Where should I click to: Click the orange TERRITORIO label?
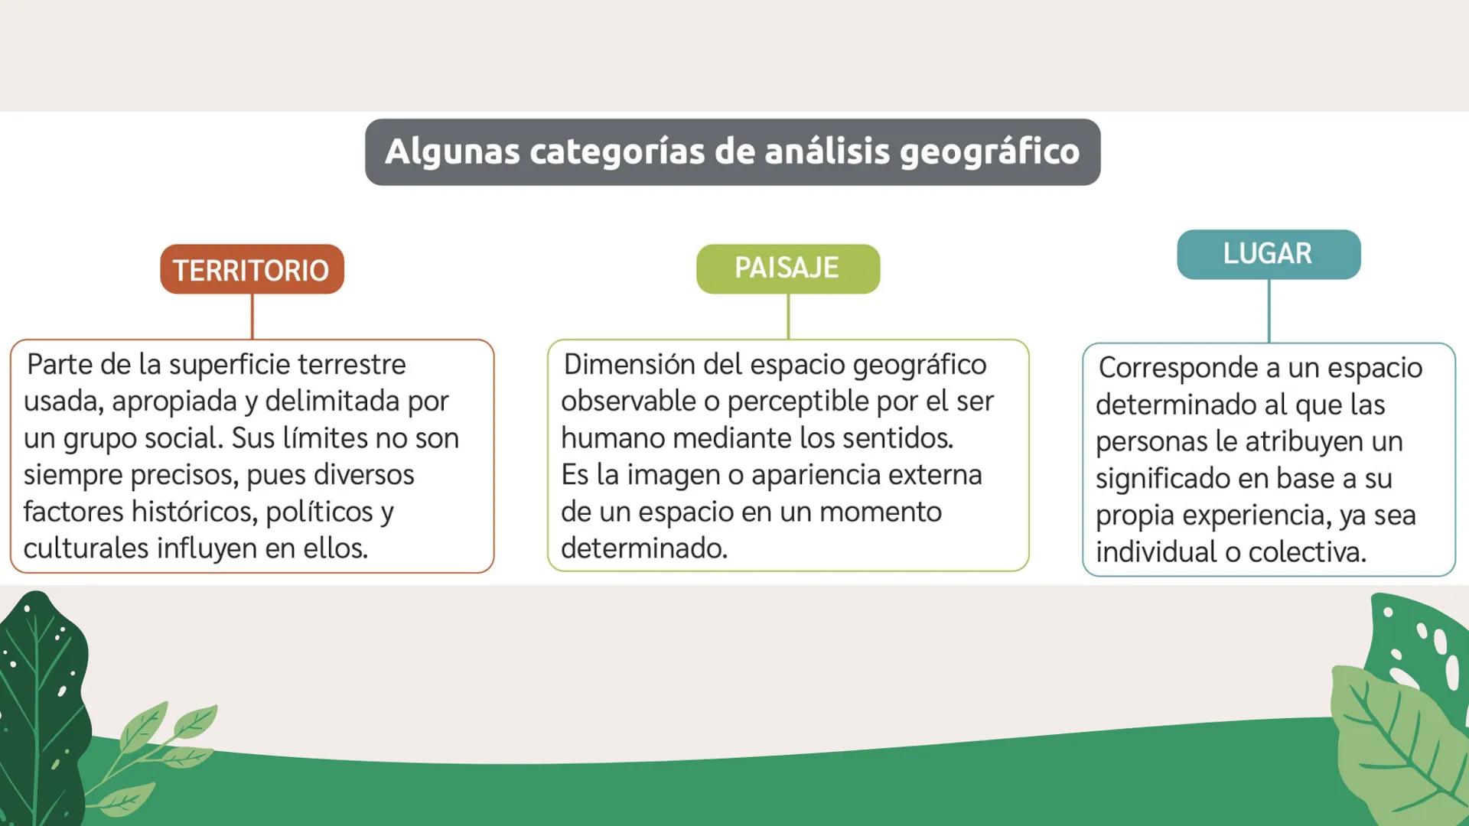pyautogui.click(x=252, y=270)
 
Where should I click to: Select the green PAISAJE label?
pyautogui.click(x=787, y=268)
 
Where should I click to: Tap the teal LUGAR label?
pyautogui.click(x=1268, y=254)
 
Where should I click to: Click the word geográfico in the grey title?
pyautogui.click(x=989, y=152)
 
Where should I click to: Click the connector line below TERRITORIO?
pyautogui.click(x=252, y=316)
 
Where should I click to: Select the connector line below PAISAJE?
pyautogui.click(x=788, y=316)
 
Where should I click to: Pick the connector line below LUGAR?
pyautogui.click(x=1269, y=311)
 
